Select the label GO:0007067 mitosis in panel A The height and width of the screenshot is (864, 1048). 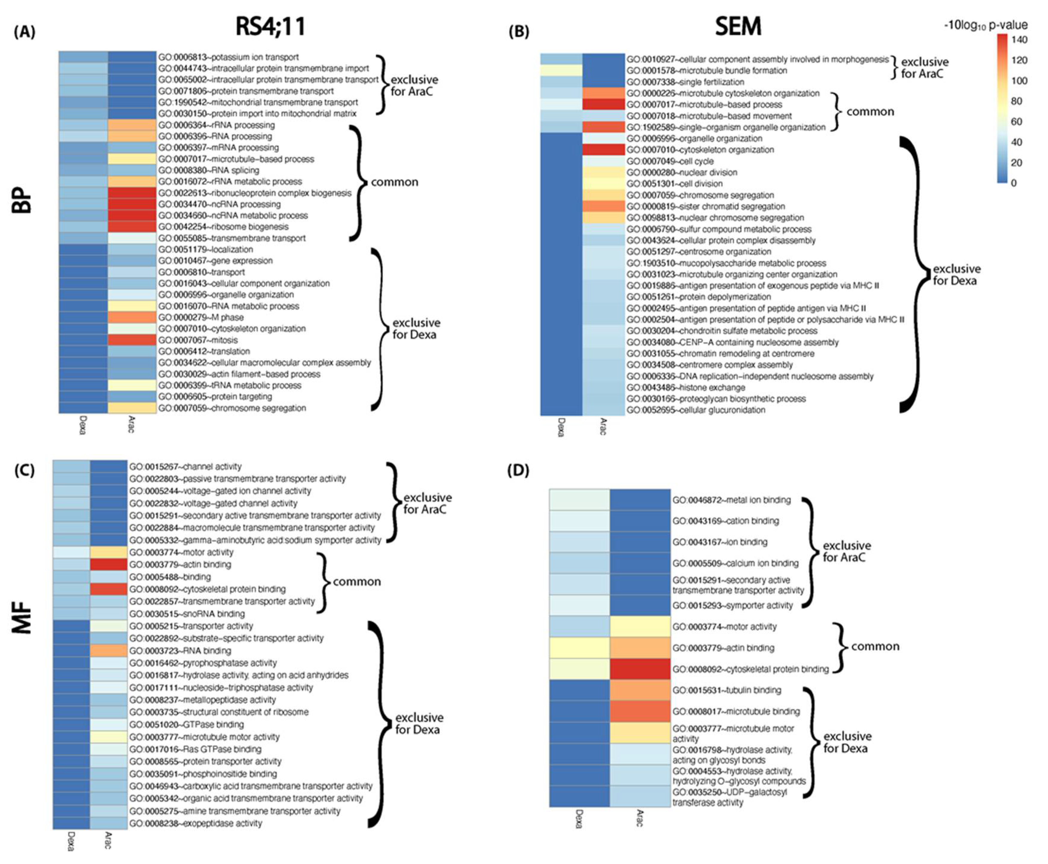tap(198, 340)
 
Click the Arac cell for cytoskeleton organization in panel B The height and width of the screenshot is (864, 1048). tap(603, 150)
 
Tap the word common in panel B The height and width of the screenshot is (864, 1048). tap(870, 111)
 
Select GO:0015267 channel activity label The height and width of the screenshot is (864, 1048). tap(186, 466)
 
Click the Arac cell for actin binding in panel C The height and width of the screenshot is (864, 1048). tap(108, 564)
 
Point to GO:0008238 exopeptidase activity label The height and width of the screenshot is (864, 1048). tap(195, 823)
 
